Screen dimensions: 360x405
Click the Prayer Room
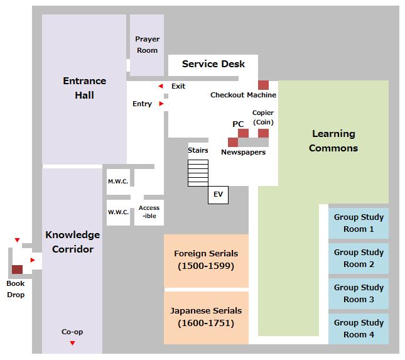point(147,45)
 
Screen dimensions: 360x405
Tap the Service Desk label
point(213,64)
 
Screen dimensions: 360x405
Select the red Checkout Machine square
point(263,85)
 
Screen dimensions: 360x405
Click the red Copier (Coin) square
point(263,133)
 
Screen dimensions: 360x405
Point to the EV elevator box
point(218,195)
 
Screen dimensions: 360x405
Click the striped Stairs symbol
point(198,173)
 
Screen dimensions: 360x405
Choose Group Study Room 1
point(359,223)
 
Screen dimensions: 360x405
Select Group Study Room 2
point(359,258)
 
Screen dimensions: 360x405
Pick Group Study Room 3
point(359,293)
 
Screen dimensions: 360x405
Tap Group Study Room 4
point(359,329)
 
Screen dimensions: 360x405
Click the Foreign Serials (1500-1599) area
point(206,260)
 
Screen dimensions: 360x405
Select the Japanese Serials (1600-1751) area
point(206,317)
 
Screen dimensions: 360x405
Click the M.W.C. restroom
point(118,182)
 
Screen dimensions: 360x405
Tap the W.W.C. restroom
point(118,212)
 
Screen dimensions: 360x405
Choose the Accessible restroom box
point(149,212)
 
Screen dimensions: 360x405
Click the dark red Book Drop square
point(17,270)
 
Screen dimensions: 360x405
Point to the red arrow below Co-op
point(72,343)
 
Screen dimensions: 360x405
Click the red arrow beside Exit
point(161,86)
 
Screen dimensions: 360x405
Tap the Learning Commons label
point(333,141)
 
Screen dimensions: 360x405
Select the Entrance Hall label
point(85,88)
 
